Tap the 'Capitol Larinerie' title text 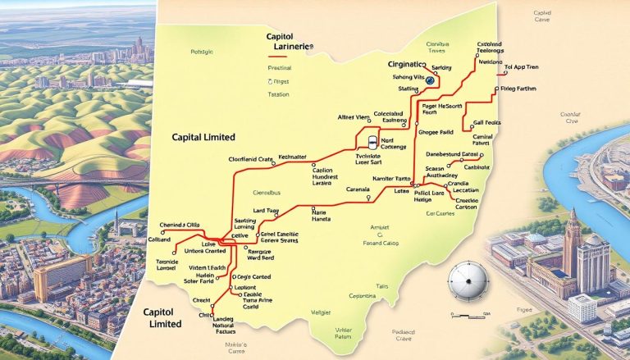click(290, 43)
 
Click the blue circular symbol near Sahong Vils click(429, 80)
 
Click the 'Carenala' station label click(358, 189)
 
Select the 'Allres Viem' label click(354, 118)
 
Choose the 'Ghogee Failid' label click(436, 130)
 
